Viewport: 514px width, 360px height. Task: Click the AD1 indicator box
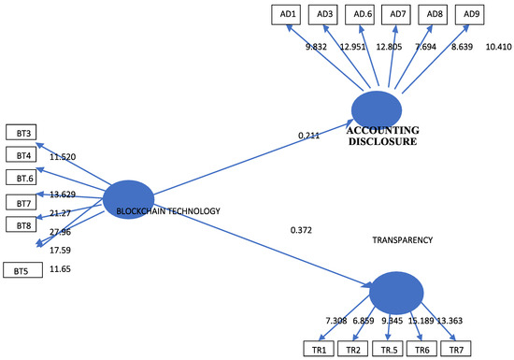point(286,15)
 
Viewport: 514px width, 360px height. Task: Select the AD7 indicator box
point(396,15)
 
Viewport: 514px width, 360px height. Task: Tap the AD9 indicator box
point(470,15)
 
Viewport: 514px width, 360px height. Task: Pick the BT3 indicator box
point(21,132)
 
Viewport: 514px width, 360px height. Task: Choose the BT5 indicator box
point(23,270)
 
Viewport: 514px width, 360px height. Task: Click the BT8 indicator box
point(21,224)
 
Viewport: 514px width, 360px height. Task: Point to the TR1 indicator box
point(319,349)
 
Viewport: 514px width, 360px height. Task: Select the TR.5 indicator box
point(388,349)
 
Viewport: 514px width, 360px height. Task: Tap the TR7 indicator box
point(456,349)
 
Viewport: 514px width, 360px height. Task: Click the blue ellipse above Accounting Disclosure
point(377,110)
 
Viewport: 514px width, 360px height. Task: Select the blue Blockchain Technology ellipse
point(129,199)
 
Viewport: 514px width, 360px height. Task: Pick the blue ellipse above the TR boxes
point(396,293)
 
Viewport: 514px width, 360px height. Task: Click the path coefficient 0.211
point(308,135)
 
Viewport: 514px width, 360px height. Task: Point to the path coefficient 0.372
point(301,230)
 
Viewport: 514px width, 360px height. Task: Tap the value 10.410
point(499,47)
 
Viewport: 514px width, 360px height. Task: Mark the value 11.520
point(63,157)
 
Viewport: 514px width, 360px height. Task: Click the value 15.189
point(421,321)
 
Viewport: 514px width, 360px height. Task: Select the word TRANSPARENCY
point(403,240)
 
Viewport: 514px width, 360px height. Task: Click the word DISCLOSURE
point(382,141)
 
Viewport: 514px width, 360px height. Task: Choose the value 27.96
point(60,232)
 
